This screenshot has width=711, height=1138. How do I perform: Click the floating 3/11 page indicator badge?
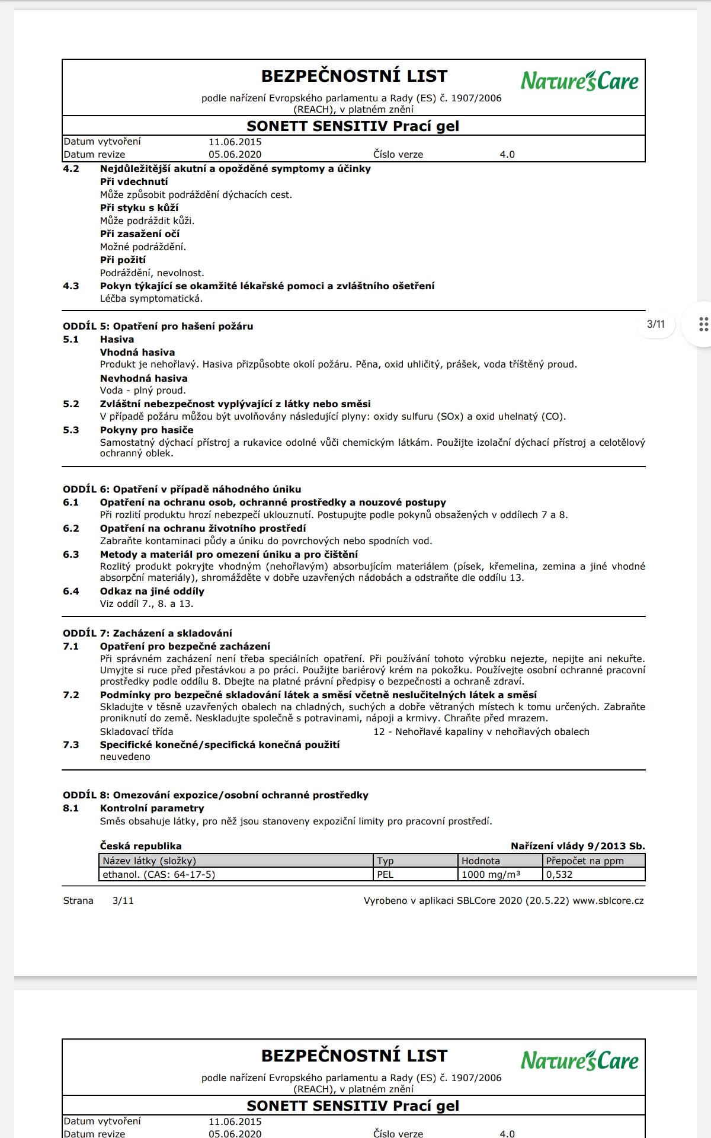coord(656,324)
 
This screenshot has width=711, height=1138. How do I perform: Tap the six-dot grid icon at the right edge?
coord(703,324)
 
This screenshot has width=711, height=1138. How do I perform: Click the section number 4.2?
coord(71,169)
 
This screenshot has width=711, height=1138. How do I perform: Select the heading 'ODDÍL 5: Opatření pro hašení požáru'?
coord(158,326)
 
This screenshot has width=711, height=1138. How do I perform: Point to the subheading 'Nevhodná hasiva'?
coord(143,378)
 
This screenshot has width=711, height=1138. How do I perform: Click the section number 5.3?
coord(71,430)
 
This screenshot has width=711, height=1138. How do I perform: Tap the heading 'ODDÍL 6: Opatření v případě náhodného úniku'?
coord(182,489)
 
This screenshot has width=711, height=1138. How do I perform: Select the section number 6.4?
coord(71,592)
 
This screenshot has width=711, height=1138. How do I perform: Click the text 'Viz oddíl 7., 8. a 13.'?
coord(146,604)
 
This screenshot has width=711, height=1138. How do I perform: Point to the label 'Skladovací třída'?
coord(136,732)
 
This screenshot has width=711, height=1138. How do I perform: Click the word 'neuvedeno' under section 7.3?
coord(125,757)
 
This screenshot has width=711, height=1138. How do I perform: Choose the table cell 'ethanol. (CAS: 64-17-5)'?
coord(159,875)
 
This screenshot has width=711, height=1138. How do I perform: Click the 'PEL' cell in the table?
coord(385,875)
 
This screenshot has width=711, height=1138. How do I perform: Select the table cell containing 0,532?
coord(559,875)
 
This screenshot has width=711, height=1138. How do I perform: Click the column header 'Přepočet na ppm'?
coord(585,861)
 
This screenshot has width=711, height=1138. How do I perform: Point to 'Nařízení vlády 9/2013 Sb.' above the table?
coord(578,846)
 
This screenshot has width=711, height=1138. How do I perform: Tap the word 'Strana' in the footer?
coord(78,901)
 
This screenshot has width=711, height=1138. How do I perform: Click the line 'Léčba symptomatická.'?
coord(151,299)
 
